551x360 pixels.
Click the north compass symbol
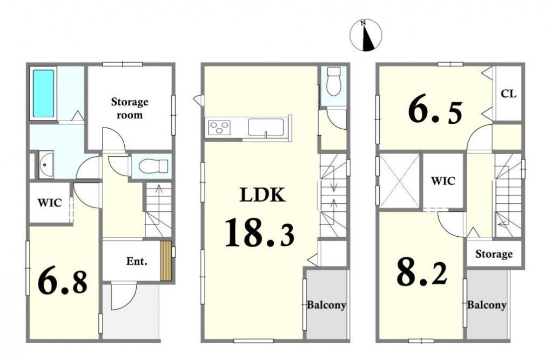366,35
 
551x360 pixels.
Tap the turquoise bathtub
44,93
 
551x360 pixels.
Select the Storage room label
130,108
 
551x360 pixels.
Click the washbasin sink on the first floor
45,164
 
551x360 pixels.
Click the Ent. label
137,261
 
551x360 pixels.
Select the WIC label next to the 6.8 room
50,203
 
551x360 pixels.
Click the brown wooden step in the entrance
166,261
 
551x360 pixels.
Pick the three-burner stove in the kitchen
219,126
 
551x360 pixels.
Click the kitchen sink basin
266,127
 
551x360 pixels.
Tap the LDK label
262,195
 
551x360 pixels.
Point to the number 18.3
259,232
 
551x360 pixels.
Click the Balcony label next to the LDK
326,305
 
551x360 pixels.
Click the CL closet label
508,94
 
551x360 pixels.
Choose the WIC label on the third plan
443,181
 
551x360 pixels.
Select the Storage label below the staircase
494,254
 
